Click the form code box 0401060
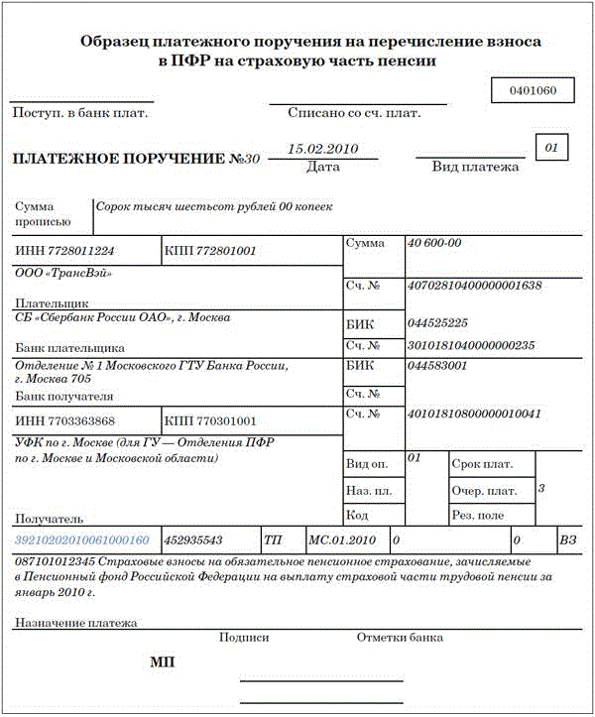[x=533, y=91]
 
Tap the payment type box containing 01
[x=552, y=148]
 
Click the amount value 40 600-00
[x=434, y=243]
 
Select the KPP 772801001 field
[x=210, y=251]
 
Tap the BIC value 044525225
[x=437, y=323]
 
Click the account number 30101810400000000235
[x=471, y=345]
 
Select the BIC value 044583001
[x=437, y=366]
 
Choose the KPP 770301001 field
[x=210, y=421]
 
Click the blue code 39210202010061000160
[x=82, y=540]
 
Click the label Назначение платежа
[x=76, y=623]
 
